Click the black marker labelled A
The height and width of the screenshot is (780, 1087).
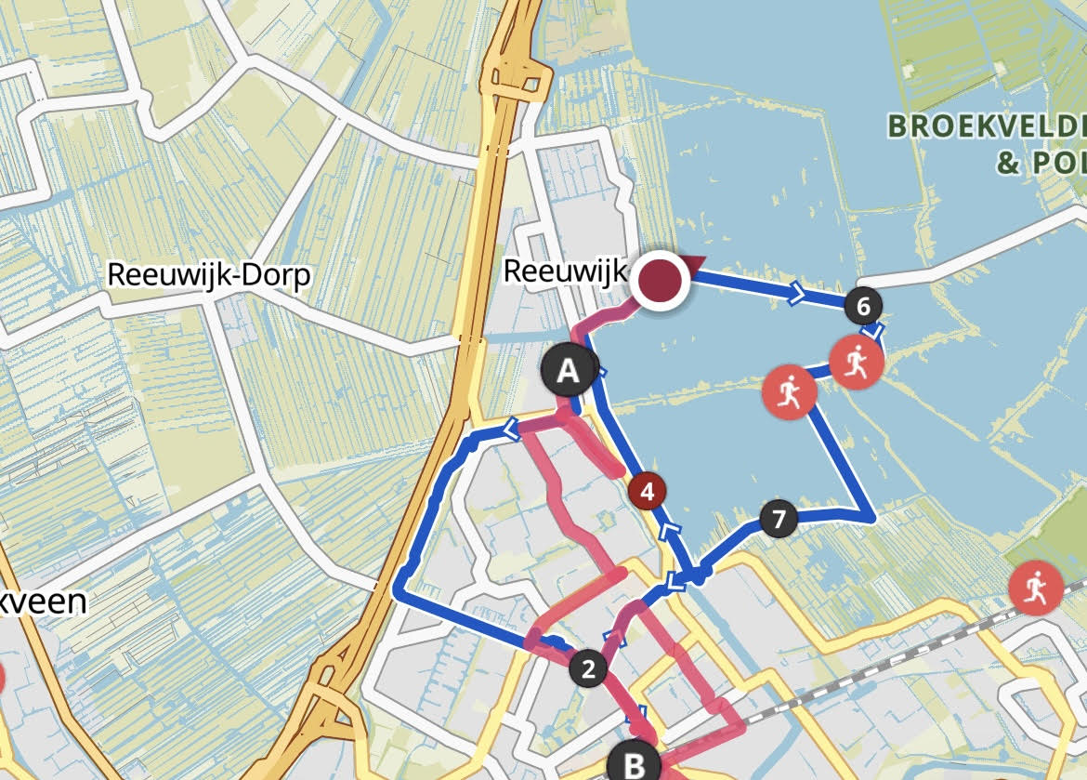pos(568,372)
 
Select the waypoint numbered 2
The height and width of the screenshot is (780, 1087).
pos(587,668)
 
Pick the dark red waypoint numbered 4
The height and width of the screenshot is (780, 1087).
pos(648,490)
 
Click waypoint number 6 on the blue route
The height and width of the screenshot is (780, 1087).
pos(864,305)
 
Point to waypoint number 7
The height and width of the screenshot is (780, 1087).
pos(779,519)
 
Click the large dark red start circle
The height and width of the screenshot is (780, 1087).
pos(661,279)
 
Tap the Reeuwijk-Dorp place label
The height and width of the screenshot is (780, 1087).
pos(209,276)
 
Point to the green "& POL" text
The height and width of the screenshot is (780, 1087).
pos(1041,165)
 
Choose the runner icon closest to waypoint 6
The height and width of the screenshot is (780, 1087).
pos(856,364)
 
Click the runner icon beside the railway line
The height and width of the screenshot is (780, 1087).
pos(1036,588)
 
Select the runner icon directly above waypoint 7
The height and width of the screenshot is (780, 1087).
pos(789,393)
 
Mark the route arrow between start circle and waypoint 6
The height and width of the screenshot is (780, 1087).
pos(797,296)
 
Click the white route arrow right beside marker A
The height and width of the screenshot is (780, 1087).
pos(600,373)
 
